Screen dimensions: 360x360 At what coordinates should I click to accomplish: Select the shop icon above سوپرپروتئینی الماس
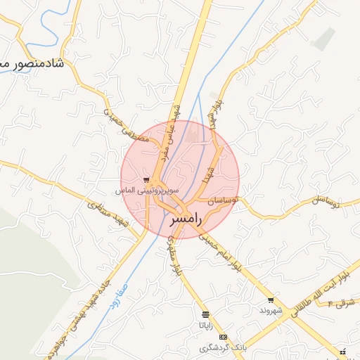(x=146, y=181)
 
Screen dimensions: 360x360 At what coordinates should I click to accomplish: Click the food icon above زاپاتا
(x=205, y=315)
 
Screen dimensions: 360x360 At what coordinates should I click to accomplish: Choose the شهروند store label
(x=271, y=310)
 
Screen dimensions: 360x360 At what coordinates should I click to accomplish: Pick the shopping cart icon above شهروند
(x=271, y=300)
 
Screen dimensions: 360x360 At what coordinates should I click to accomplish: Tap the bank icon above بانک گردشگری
(x=223, y=337)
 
